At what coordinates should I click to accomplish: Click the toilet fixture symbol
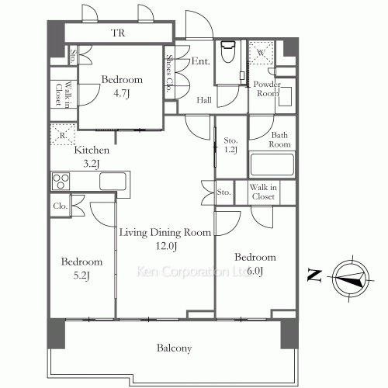click(x=227, y=52)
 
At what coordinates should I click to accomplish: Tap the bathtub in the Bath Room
click(x=272, y=165)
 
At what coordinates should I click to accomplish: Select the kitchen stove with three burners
click(x=61, y=181)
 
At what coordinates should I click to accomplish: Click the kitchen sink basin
click(x=113, y=181)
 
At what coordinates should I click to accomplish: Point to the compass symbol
click(x=351, y=278)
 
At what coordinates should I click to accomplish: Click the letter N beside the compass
click(x=314, y=275)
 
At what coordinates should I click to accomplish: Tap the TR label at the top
click(x=118, y=33)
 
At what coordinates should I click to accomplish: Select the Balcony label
click(x=175, y=348)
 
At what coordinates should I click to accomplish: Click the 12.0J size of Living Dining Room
click(x=166, y=246)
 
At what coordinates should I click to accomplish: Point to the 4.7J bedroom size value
click(x=121, y=93)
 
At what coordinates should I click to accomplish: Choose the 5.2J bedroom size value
click(x=81, y=275)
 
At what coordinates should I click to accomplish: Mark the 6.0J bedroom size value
click(x=255, y=271)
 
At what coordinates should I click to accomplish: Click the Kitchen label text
click(x=92, y=150)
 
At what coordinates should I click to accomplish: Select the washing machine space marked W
click(x=262, y=53)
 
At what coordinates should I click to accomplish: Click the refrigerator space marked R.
click(x=63, y=135)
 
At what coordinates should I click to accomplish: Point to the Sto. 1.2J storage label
click(x=230, y=145)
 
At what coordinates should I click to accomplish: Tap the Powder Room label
click(x=267, y=88)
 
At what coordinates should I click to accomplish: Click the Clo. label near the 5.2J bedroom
click(x=61, y=206)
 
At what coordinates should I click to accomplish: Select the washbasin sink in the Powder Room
click(x=286, y=96)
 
